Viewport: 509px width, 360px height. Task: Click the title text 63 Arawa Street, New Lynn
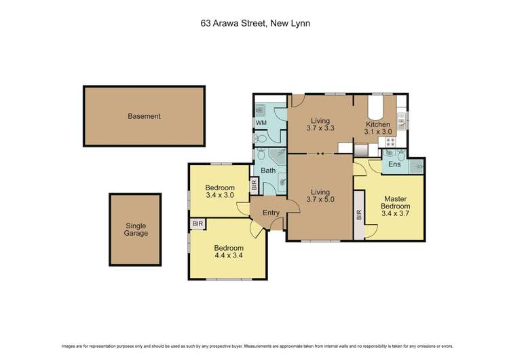[x=254, y=22]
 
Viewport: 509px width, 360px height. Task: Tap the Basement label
[x=144, y=116]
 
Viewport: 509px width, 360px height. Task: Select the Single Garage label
[x=136, y=230]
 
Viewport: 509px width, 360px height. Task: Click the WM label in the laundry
[x=260, y=123]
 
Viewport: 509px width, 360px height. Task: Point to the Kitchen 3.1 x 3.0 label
[x=378, y=129]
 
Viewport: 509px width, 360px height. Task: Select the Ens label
[x=394, y=164]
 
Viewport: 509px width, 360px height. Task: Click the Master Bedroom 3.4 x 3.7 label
[x=394, y=205]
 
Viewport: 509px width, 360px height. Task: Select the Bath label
[x=269, y=170]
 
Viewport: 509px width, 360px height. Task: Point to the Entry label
[x=271, y=213]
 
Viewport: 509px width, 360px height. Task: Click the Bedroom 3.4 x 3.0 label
[x=220, y=192]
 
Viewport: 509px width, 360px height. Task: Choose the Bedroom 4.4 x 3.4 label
[x=228, y=251]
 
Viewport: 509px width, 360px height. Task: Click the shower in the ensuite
[x=415, y=165]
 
